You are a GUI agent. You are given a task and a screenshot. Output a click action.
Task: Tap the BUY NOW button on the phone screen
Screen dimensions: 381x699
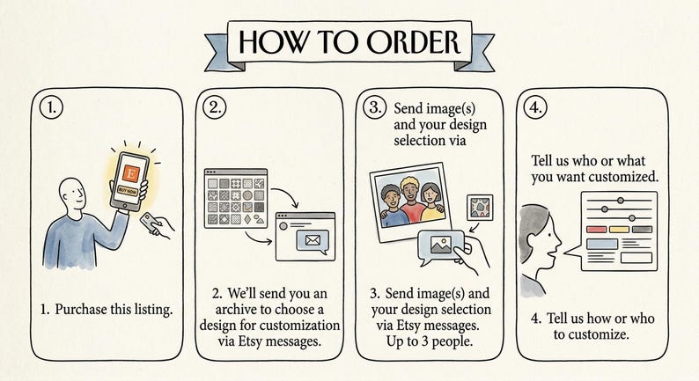coord(129,190)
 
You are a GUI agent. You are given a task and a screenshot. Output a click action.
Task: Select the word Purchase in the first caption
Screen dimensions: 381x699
coord(84,310)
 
